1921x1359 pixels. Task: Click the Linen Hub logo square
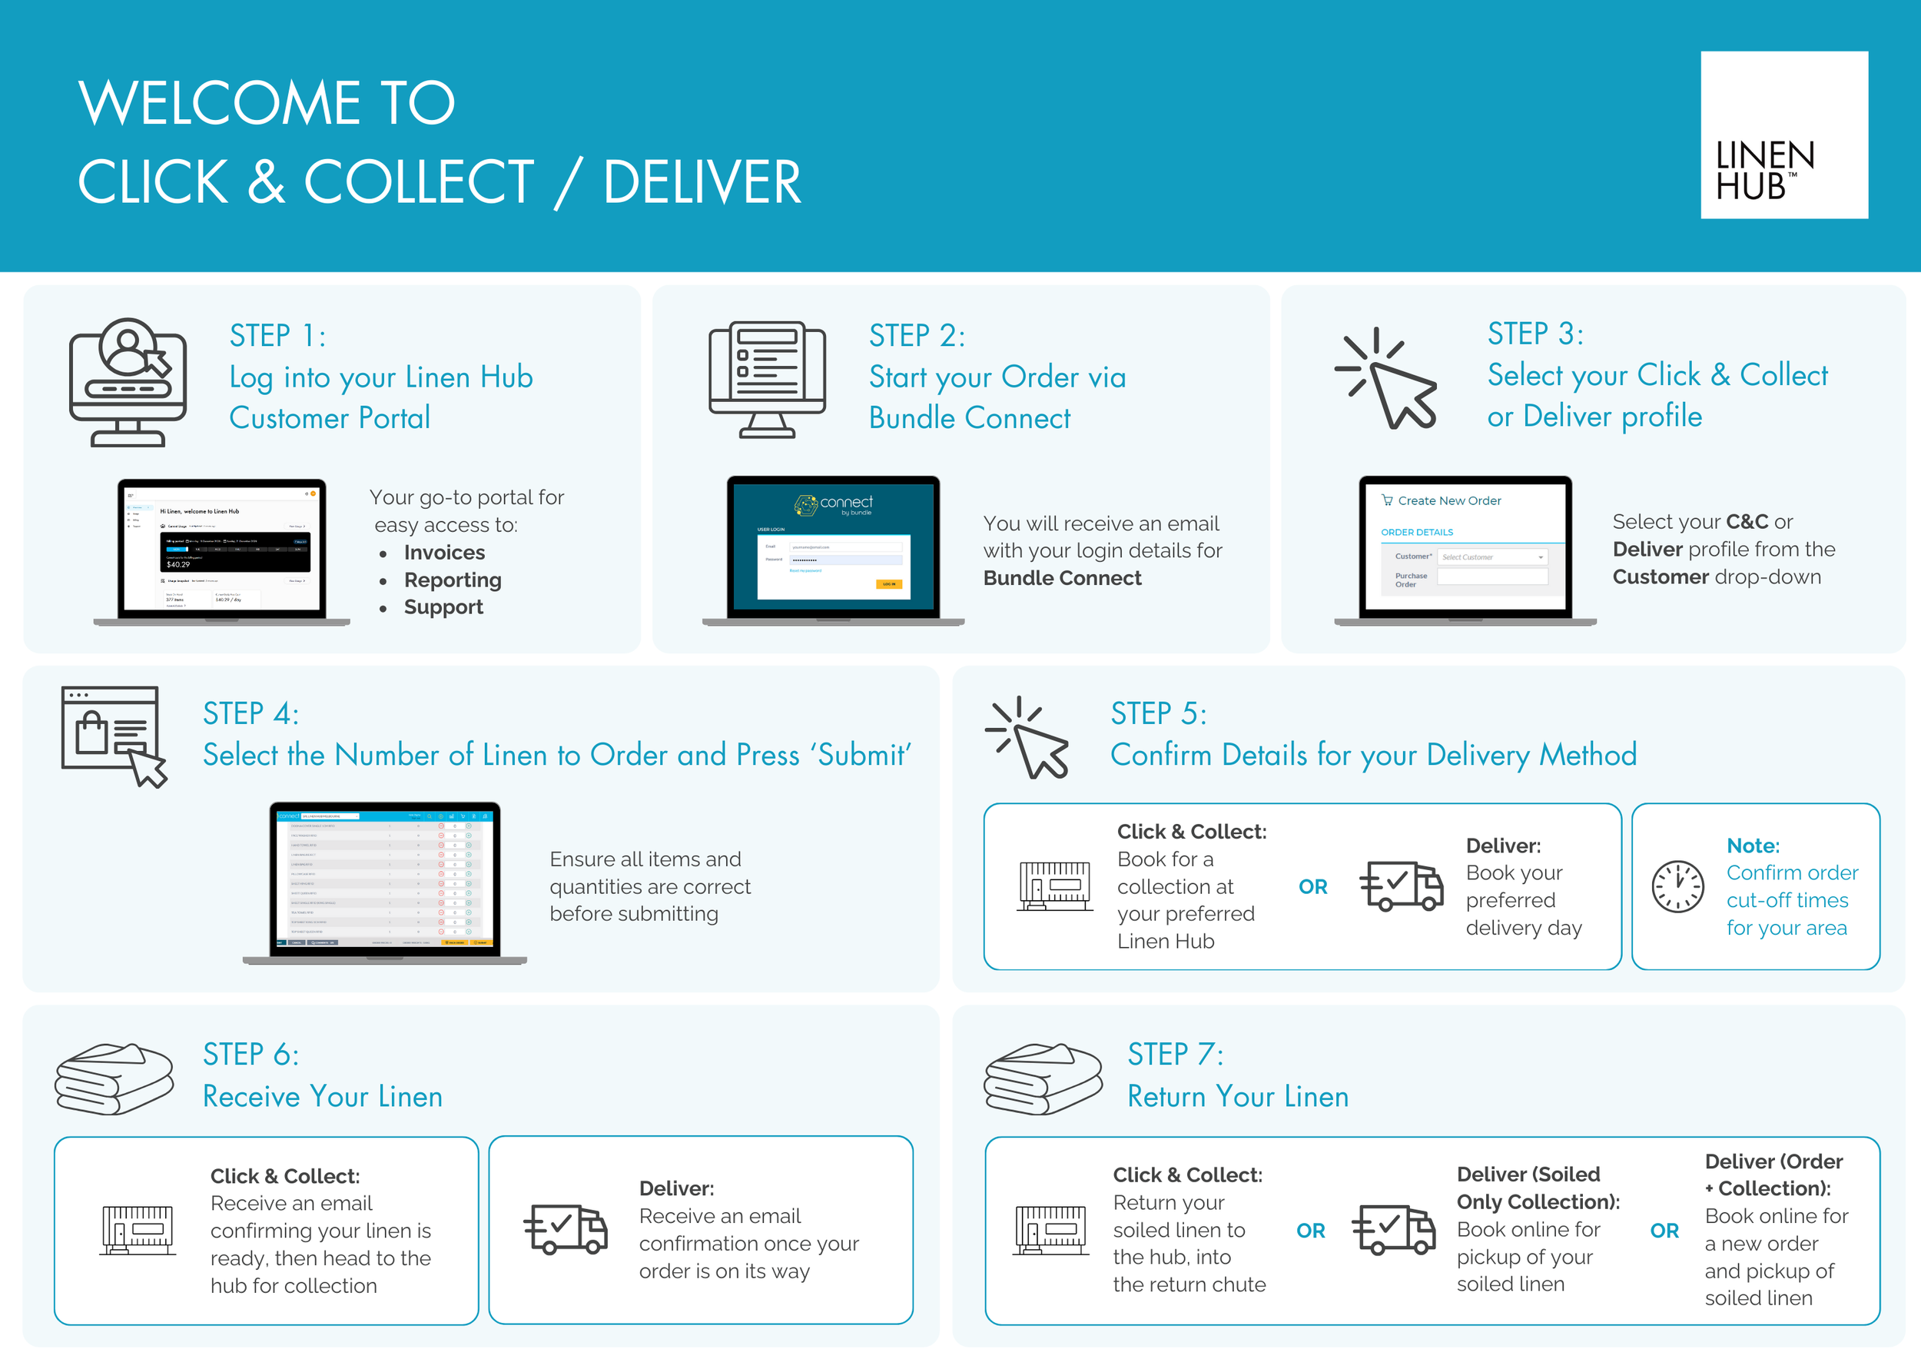pos(1783,135)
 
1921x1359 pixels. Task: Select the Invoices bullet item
pos(443,553)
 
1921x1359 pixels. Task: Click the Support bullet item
pos(443,606)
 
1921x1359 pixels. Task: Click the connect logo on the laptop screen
pos(833,504)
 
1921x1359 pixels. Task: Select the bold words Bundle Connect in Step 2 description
pos(1062,578)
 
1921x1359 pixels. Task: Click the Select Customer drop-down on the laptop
pos(1491,557)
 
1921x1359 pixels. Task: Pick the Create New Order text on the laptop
pos(1448,500)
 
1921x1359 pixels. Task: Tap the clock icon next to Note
pos(1677,886)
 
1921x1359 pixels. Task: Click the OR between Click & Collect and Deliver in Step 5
pos(1312,886)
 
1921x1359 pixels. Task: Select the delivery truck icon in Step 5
pos(1402,886)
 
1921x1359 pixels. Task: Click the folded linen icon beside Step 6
pos(114,1078)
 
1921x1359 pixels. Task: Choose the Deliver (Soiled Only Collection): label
pos(1537,1188)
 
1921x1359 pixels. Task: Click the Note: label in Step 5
pos(1753,846)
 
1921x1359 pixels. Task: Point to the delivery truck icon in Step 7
pos(1393,1230)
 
